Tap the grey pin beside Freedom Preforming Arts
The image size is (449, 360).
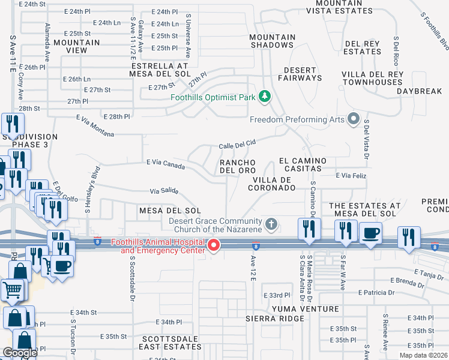click(x=354, y=119)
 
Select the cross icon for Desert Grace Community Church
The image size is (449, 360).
click(x=271, y=224)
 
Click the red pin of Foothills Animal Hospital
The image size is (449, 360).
click(x=213, y=245)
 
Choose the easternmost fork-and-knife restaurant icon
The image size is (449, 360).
click(x=409, y=236)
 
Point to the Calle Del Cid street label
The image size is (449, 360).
click(x=237, y=145)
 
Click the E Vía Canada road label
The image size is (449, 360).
click(x=165, y=163)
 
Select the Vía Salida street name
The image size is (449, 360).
click(x=164, y=191)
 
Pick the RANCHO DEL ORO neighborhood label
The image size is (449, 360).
click(x=237, y=166)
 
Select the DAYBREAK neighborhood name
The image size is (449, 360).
click(x=419, y=91)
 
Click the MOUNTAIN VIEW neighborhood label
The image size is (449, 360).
click(x=76, y=46)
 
